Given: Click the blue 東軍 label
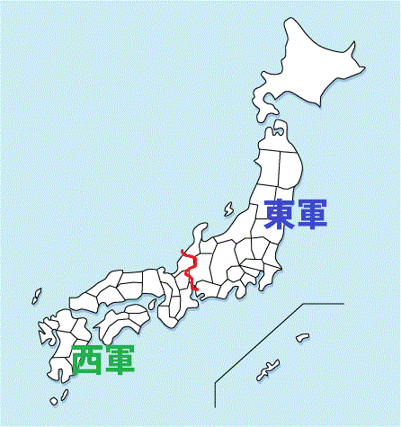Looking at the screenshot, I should pyautogui.click(x=295, y=214).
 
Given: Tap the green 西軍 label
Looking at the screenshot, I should pyautogui.click(x=103, y=358).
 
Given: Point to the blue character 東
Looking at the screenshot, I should pyautogui.click(x=279, y=214).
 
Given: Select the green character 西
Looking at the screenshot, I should pyautogui.click(x=87, y=358).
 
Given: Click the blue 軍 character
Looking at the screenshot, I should pyautogui.click(x=311, y=214).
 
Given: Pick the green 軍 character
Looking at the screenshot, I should pyautogui.click(x=120, y=358).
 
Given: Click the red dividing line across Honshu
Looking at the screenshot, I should pyautogui.click(x=190, y=270).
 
